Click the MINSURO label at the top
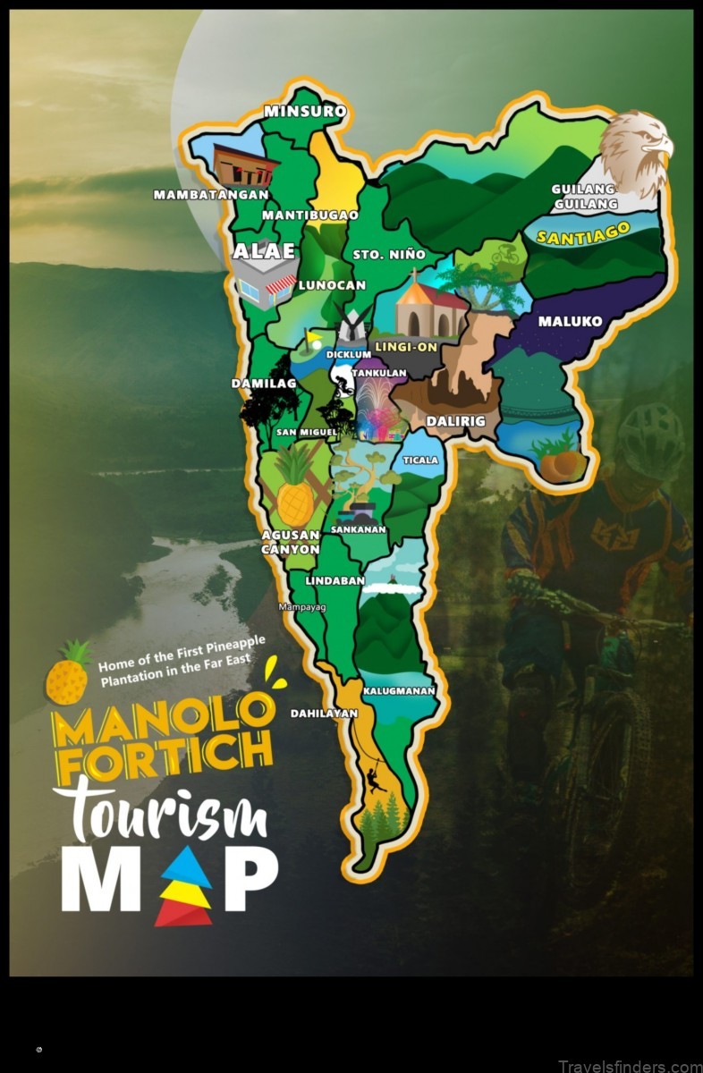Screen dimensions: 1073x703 [x=304, y=112]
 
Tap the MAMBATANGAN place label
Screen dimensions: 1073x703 [x=211, y=194]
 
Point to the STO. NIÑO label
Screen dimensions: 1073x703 [x=380, y=255]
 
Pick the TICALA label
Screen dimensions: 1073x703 [x=420, y=460]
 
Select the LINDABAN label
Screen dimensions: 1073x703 [x=335, y=580]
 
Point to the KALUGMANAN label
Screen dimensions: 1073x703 [x=399, y=690]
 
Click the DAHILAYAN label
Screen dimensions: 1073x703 [x=324, y=714]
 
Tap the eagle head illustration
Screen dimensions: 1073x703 [x=636, y=149]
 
